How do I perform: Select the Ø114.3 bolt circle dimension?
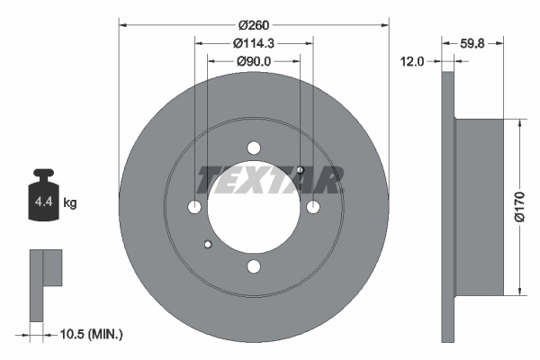(254, 43)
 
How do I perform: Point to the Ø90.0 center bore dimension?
(254, 61)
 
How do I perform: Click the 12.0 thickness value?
(415, 61)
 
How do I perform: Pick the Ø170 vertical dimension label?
(519, 205)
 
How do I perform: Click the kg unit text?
(71, 203)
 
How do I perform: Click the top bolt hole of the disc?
(254, 148)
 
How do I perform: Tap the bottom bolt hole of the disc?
(254, 265)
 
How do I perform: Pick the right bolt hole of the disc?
(312, 207)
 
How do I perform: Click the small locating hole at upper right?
(300, 171)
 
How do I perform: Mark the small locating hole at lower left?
(208, 243)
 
